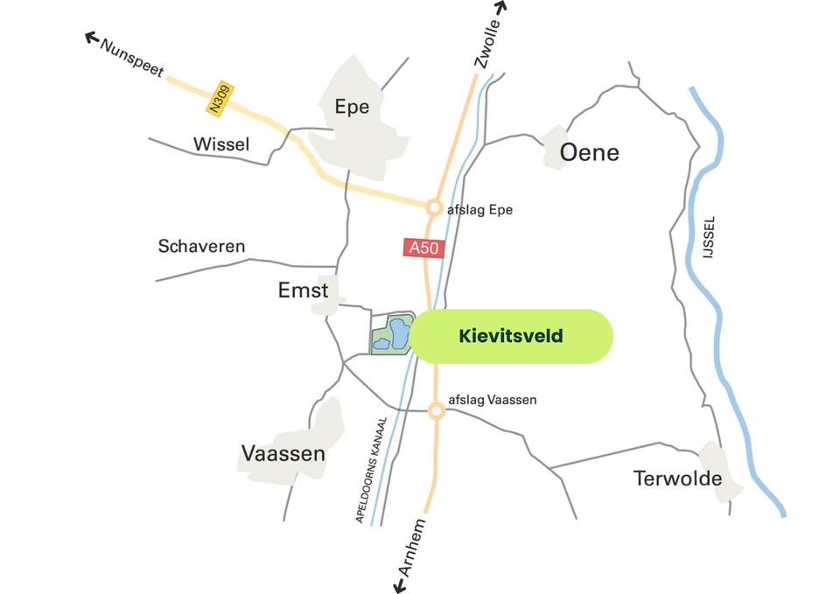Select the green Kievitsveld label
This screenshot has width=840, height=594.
pyautogui.click(x=511, y=336)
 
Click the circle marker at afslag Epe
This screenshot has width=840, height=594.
pyautogui.click(x=433, y=208)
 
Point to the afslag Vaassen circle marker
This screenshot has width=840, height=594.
pyautogui.click(x=436, y=410)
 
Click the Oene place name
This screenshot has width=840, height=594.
pyautogui.click(x=589, y=153)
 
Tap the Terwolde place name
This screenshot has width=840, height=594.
pyautogui.click(x=678, y=479)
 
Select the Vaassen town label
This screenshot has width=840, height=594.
pyautogui.click(x=283, y=454)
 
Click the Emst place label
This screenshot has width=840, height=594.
pyautogui.click(x=303, y=290)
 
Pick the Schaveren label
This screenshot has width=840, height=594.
pyautogui.click(x=201, y=247)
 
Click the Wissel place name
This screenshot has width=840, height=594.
pyautogui.click(x=221, y=144)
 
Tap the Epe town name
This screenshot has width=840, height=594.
pyautogui.click(x=352, y=108)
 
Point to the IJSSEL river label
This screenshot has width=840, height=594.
pyautogui.click(x=709, y=236)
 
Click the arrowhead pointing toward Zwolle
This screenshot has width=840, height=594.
pyautogui.click(x=502, y=7)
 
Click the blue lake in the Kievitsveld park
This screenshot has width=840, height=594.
pyautogui.click(x=398, y=333)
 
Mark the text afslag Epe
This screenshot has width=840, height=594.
pyautogui.click(x=479, y=210)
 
